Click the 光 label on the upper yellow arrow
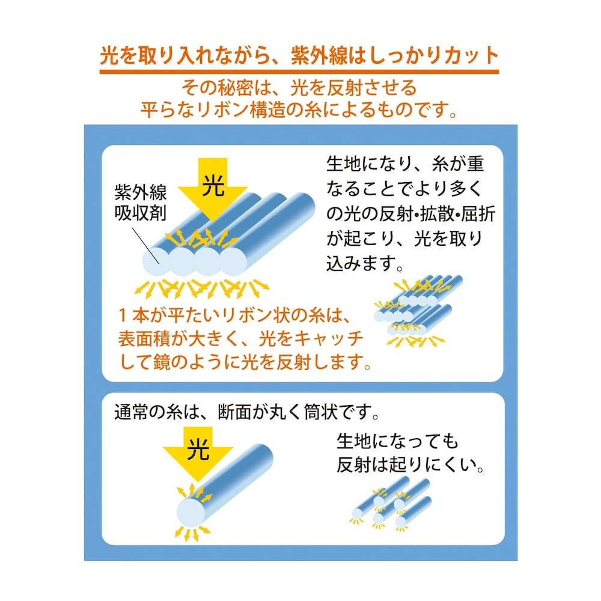point(213,186)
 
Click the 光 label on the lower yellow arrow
point(198,449)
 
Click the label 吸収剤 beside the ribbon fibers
point(140,212)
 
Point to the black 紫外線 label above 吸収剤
point(140,192)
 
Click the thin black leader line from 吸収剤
point(145,245)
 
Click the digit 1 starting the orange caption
point(123,316)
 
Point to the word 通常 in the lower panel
point(132,412)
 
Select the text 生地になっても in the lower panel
point(397,442)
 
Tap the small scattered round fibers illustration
point(391,503)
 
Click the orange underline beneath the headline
point(299,72)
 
